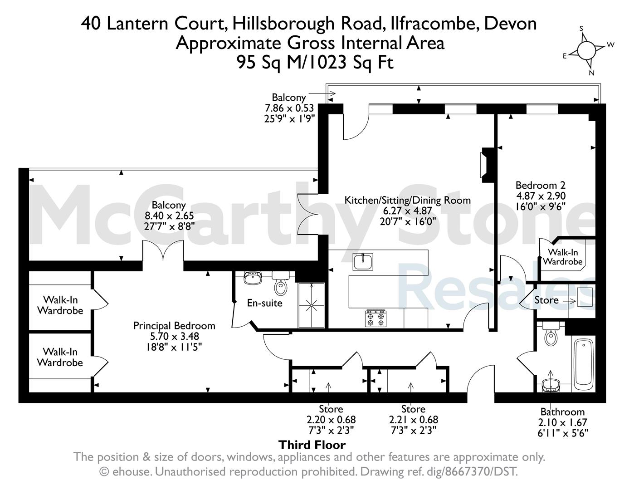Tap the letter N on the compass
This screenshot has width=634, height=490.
tap(592, 73)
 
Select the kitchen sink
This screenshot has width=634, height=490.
tap(363, 261)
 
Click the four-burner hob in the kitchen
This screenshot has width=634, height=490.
tap(376, 318)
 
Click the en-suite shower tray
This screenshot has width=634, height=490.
tap(311, 305)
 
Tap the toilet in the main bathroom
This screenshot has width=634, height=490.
tap(551, 334)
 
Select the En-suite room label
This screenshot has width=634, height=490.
tap(265, 303)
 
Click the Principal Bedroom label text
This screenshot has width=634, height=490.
tap(174, 326)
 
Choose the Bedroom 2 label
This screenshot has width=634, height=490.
tap(540, 185)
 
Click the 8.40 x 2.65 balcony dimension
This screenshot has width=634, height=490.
tap(169, 216)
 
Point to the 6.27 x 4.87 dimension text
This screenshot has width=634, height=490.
tap(407, 211)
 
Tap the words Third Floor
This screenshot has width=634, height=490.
tap(312, 445)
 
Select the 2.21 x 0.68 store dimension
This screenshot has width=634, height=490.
tap(414, 420)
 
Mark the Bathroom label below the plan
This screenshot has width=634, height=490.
tap(562, 412)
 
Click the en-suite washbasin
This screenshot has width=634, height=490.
tap(253, 278)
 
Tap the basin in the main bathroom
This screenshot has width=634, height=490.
tap(551, 385)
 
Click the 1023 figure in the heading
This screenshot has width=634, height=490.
tap(327, 62)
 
